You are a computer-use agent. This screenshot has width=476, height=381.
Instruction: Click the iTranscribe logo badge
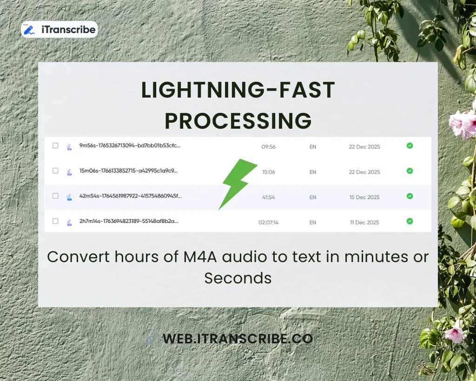pyautogui.click(x=59, y=30)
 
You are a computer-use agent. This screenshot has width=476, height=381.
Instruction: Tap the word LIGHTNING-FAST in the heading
pyautogui.click(x=238, y=90)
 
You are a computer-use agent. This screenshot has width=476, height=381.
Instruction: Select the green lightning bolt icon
pyautogui.click(x=238, y=184)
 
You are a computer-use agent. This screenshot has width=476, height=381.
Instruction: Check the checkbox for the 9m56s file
pyautogui.click(x=55, y=146)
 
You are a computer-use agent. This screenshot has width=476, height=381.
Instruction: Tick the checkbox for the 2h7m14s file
pyautogui.click(x=55, y=221)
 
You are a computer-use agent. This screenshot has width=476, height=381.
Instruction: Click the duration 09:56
pyautogui.click(x=269, y=147)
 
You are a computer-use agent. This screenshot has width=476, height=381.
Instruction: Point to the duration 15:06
pyautogui.click(x=269, y=172)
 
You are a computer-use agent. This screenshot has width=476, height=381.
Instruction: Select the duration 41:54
pyautogui.click(x=269, y=197)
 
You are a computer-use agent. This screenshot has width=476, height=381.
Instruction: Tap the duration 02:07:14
pyautogui.click(x=269, y=222)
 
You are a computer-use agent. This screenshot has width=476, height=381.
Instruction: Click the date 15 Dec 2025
pyautogui.click(x=364, y=197)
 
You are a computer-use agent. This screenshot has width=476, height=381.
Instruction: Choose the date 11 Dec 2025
pyautogui.click(x=364, y=222)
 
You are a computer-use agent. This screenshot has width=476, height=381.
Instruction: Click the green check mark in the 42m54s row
pyautogui.click(x=410, y=196)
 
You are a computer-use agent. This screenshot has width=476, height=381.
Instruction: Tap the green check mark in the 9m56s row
pyautogui.click(x=410, y=146)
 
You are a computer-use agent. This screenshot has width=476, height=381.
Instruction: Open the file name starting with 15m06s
pyautogui.click(x=128, y=171)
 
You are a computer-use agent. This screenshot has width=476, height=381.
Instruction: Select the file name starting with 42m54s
pyautogui.click(x=131, y=196)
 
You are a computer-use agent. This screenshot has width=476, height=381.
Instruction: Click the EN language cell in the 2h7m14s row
pyautogui.click(x=313, y=222)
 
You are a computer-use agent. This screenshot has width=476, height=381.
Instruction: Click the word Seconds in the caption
pyautogui.click(x=238, y=278)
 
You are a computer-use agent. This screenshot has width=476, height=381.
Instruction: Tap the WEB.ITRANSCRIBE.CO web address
pyautogui.click(x=237, y=339)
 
